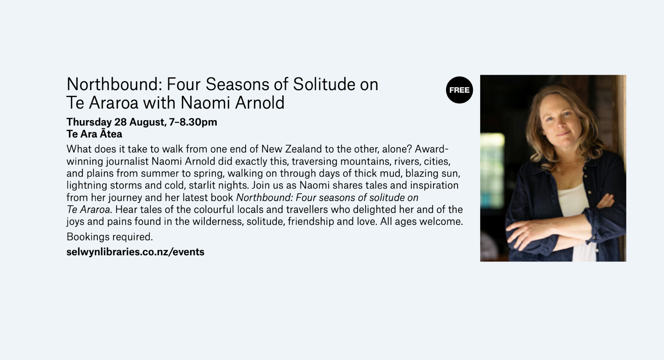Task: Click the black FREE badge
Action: (459, 90)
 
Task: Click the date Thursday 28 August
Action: (116, 122)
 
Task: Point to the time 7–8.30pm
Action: (193, 122)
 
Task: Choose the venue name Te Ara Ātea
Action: (94, 134)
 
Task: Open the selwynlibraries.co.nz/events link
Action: (135, 252)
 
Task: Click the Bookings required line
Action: (110, 237)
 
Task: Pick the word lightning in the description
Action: (87, 186)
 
